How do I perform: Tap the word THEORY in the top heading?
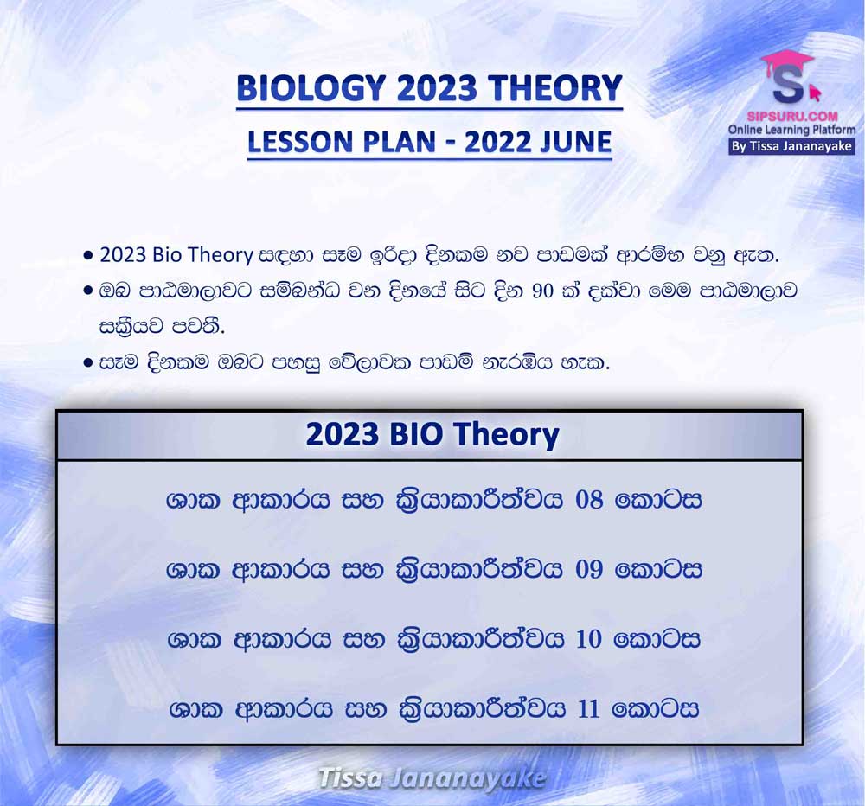tap(554, 88)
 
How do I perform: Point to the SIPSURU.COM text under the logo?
tap(792, 117)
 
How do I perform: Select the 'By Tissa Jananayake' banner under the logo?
tap(791, 147)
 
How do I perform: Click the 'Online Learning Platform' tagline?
tap(791, 131)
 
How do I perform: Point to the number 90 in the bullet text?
tap(543, 291)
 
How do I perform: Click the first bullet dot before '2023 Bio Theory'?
tap(87, 257)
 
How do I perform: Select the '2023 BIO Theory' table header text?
tap(432, 434)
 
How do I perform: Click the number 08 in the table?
tap(588, 500)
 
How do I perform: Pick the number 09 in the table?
tap(588, 569)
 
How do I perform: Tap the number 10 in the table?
tap(588, 639)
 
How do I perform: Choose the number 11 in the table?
tap(588, 708)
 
